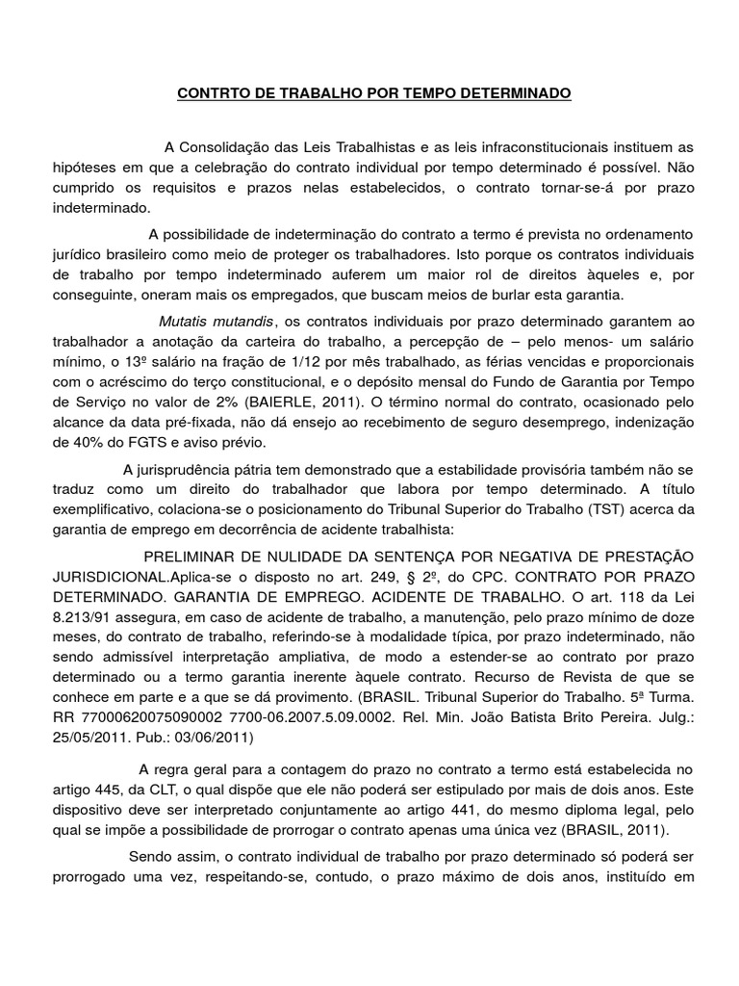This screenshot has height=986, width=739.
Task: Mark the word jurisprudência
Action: pyautogui.click(x=180, y=470)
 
